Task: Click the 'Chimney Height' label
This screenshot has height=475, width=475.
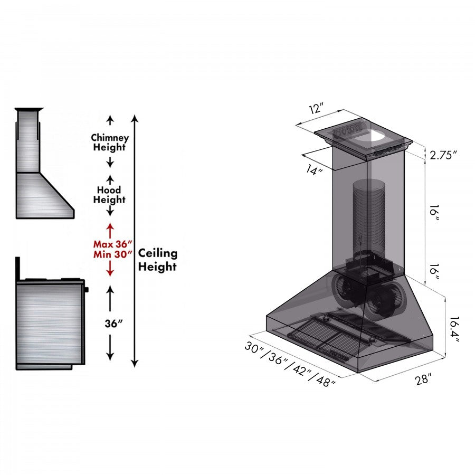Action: pyautogui.click(x=110, y=142)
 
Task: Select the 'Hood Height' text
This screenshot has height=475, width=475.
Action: pyautogui.click(x=110, y=195)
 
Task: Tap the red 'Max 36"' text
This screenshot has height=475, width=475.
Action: pyautogui.click(x=112, y=244)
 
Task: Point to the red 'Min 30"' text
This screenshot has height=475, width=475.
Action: pyautogui.click(x=112, y=255)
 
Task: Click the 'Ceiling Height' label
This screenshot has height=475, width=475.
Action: pyautogui.click(x=157, y=260)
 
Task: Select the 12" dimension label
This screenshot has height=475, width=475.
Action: pyautogui.click(x=316, y=109)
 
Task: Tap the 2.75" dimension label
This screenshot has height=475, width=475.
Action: pyautogui.click(x=443, y=155)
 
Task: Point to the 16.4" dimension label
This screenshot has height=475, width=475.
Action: pyautogui.click(x=453, y=329)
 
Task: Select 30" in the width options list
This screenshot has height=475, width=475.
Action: pyautogui.click(x=255, y=348)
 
